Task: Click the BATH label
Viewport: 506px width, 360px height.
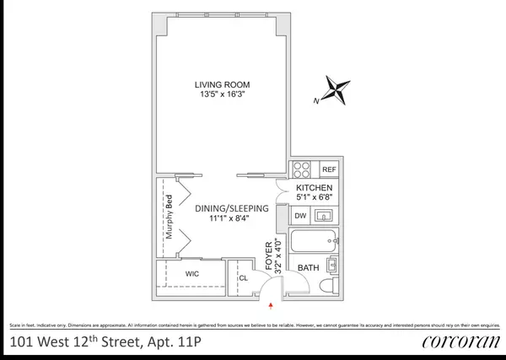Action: tap(305, 269)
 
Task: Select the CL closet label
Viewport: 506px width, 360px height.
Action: tap(244, 277)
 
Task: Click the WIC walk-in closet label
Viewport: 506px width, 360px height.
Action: tap(191, 273)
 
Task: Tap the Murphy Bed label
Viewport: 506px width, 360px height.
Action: tap(169, 222)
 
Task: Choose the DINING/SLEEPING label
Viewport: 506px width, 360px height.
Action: tap(231, 208)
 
